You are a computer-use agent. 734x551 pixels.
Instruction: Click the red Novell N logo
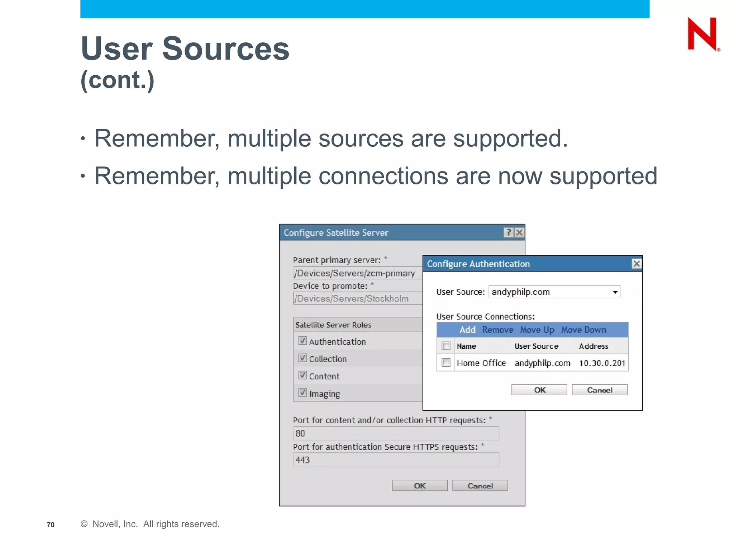coord(702,34)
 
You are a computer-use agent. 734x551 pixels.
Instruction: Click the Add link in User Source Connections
coord(467,330)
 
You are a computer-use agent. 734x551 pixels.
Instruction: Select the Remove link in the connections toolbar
coord(497,330)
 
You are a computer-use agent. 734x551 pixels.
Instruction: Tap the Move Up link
coord(537,330)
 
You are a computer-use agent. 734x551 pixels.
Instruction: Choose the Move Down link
coord(583,330)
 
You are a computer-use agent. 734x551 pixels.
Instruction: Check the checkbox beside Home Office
coord(446,363)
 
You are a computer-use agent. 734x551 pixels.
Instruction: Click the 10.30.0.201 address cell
coord(602,363)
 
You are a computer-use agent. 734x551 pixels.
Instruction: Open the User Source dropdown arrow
coord(615,292)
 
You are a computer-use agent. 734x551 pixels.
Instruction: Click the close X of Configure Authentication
coord(637,264)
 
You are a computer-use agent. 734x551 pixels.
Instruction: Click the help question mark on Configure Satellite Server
coord(508,232)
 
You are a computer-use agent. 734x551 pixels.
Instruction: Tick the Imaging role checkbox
coord(302,392)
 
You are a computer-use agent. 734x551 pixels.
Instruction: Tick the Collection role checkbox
coord(302,358)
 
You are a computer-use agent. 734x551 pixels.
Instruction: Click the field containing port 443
coord(396,460)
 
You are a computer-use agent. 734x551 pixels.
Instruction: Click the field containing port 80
coord(396,433)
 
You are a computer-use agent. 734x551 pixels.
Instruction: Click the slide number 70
coord(51,524)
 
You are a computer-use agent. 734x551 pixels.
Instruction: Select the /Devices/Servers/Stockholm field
coord(357,298)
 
